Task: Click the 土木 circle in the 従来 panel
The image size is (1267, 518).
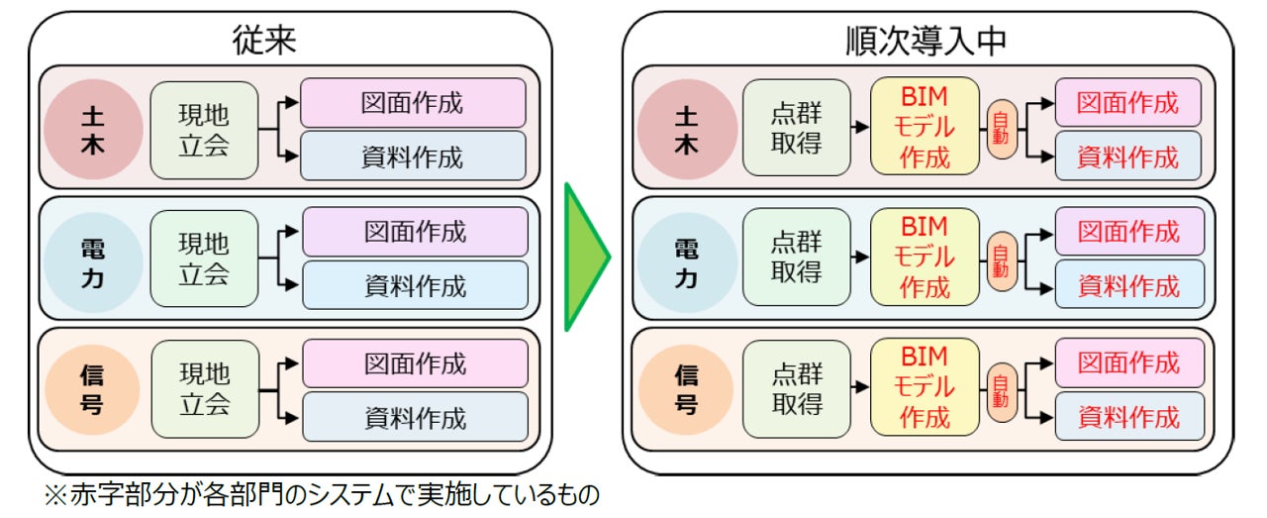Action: click(x=93, y=130)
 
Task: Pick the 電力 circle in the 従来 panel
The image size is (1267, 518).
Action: click(x=93, y=259)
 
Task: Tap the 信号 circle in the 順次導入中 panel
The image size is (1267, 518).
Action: click(x=686, y=389)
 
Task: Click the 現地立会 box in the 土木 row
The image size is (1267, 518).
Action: click(x=204, y=130)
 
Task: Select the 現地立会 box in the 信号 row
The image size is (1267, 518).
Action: click(x=204, y=389)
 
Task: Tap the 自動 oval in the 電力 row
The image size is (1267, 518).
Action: click(x=1001, y=260)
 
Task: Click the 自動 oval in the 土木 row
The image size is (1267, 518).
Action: click(x=1001, y=130)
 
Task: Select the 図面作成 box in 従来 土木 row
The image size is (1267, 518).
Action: click(x=414, y=103)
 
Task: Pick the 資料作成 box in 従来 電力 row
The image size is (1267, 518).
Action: click(x=415, y=286)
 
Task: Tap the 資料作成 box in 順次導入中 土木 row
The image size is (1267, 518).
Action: click(x=1127, y=155)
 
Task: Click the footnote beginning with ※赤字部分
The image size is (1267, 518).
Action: click(x=323, y=495)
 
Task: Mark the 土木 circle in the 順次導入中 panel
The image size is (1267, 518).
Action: click(x=686, y=130)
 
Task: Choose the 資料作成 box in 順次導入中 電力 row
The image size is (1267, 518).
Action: click(x=1128, y=286)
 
